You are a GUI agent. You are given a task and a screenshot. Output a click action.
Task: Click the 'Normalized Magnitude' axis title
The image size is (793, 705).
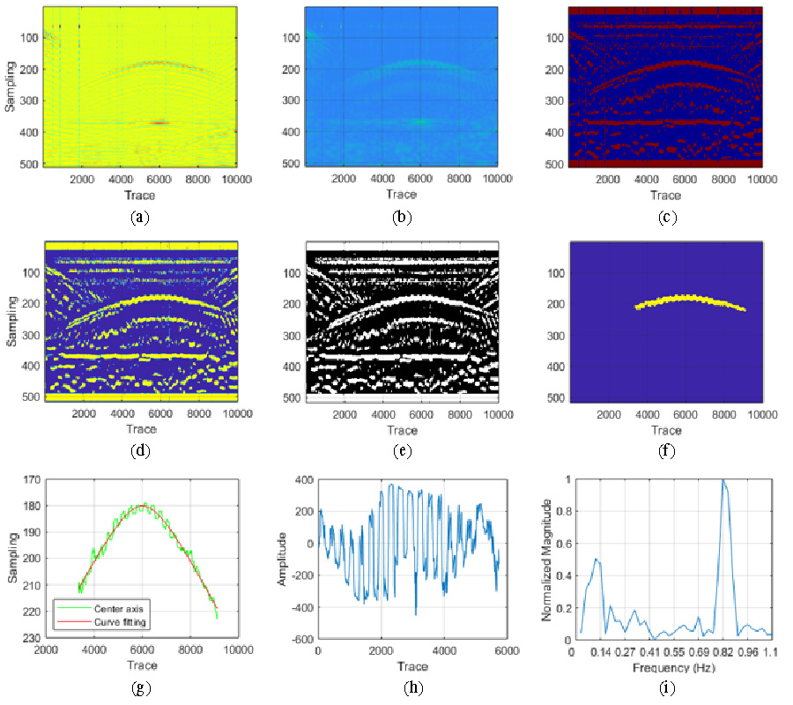pyautogui.click(x=548, y=560)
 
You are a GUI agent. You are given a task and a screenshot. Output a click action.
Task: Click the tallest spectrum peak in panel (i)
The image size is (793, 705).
pyautogui.click(x=723, y=481)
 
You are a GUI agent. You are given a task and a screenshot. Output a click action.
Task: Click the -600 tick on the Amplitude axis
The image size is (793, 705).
pyautogui.click(x=304, y=638)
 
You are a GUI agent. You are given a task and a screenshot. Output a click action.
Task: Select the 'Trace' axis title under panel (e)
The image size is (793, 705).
pyautogui.click(x=402, y=429)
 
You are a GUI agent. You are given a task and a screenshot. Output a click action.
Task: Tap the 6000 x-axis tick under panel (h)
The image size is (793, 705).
pyautogui.click(x=506, y=650)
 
